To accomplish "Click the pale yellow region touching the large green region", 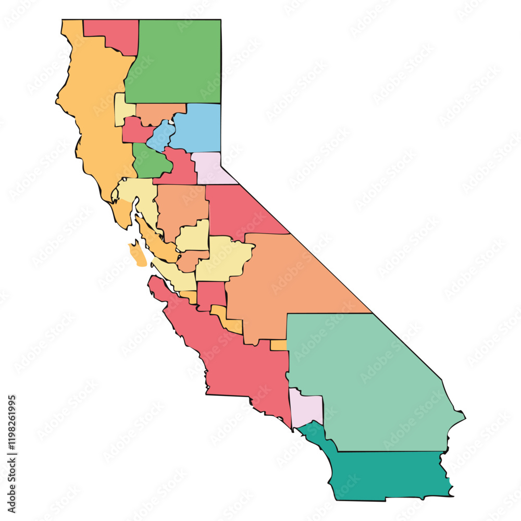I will pyautogui.click(x=123, y=109).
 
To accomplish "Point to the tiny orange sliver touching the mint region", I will pyautogui.click(x=279, y=345).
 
